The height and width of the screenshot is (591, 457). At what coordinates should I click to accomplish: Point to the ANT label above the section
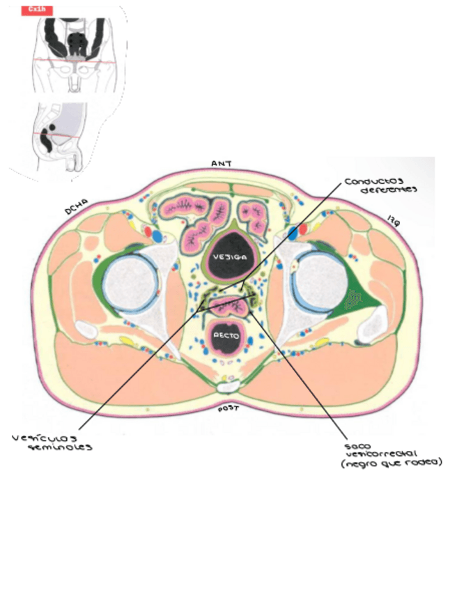[222, 163]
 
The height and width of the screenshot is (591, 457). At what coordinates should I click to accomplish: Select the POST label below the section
[228, 408]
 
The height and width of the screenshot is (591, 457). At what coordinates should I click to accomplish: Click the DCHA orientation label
[76, 207]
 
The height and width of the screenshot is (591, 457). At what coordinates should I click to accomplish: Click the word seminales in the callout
[60, 448]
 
